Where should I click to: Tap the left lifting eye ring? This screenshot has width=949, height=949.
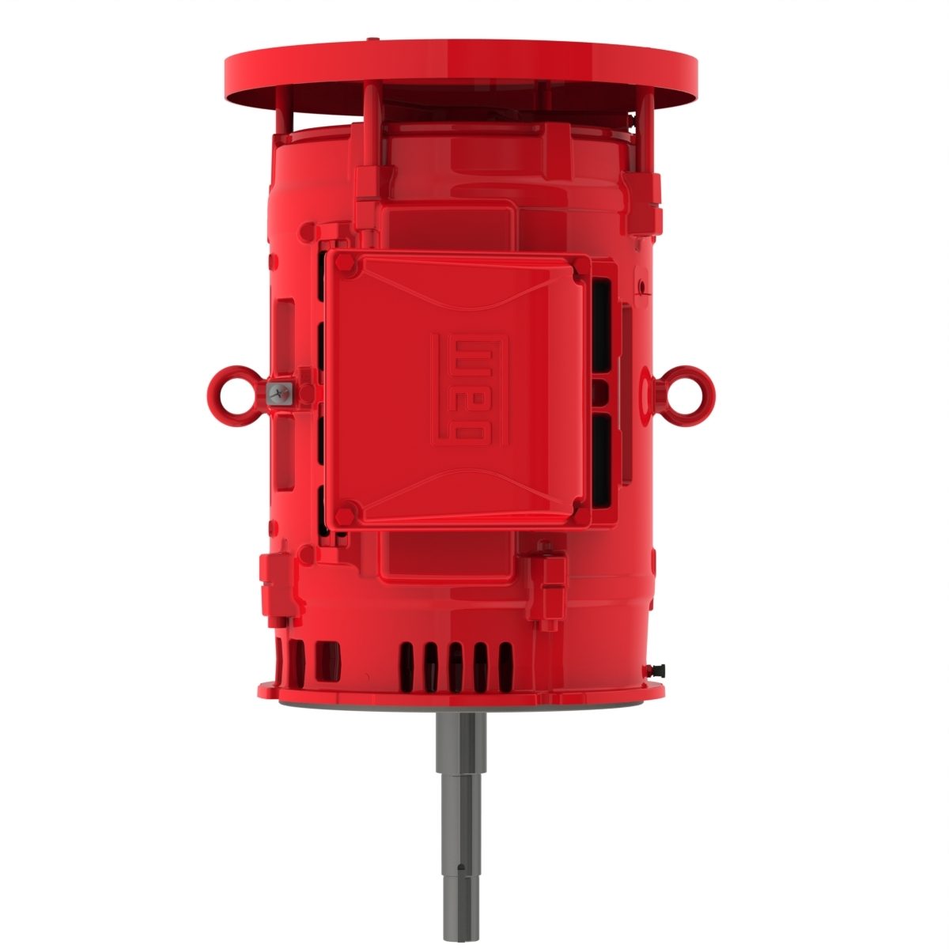pos(233,390)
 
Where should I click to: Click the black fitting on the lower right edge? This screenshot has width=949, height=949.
pos(657,671)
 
